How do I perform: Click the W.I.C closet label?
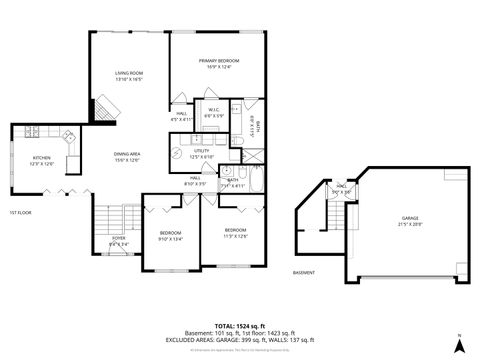pos(214,113)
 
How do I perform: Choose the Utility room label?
pos(202,154)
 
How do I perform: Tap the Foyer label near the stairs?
pos(118,241)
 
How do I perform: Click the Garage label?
pos(410,221)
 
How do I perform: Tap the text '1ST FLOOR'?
pos(21,212)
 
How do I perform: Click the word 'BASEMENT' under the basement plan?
pos(304,271)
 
